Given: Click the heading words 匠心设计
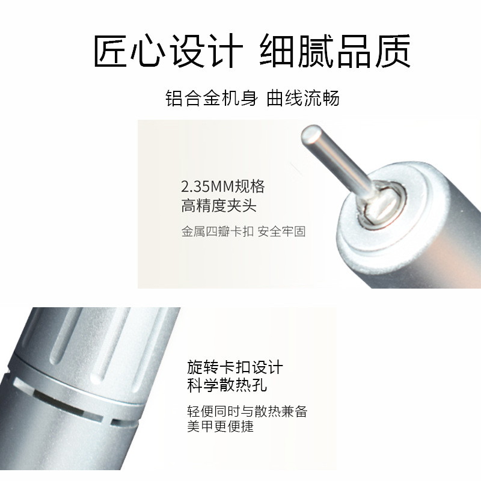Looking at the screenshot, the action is (168, 51).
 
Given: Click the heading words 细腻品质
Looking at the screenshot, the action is (335, 51).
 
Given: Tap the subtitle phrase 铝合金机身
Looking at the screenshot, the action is (212, 99).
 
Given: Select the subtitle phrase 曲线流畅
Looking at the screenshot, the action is (303, 99).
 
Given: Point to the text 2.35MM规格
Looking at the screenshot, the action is (222, 186).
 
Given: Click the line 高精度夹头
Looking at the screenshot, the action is (219, 206).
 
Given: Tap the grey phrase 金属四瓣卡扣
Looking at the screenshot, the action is (218, 231).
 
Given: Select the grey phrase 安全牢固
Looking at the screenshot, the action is (281, 231).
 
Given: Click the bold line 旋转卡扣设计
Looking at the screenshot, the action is (235, 367).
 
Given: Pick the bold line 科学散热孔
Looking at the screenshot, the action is (227, 385).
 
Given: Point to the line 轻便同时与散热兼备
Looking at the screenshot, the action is (247, 411).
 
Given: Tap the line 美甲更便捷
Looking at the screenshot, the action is (221, 426).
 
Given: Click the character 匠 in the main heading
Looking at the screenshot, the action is (111, 51).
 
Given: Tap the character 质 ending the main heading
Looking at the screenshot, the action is (393, 51).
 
